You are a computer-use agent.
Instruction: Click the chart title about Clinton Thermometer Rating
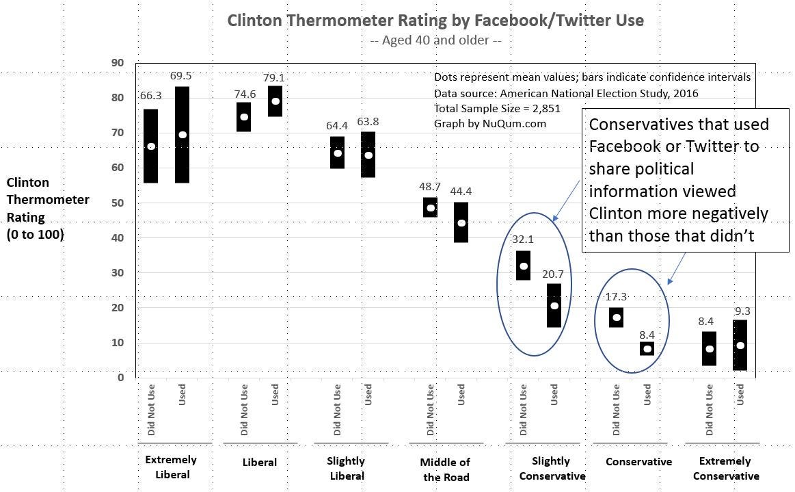(x=435, y=20)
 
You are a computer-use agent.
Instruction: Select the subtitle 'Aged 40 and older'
(x=435, y=40)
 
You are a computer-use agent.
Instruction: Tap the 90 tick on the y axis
(x=117, y=63)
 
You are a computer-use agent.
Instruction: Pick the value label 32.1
(x=523, y=239)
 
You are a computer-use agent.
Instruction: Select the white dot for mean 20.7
(x=554, y=306)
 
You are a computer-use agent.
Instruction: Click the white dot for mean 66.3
(x=151, y=146)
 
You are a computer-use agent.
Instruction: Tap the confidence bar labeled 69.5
(x=183, y=164)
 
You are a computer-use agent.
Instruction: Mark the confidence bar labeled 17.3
(x=617, y=318)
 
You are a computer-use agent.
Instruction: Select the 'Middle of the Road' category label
(x=446, y=469)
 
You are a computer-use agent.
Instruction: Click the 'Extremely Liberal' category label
(x=171, y=467)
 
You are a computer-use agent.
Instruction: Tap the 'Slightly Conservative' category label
(x=552, y=469)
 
